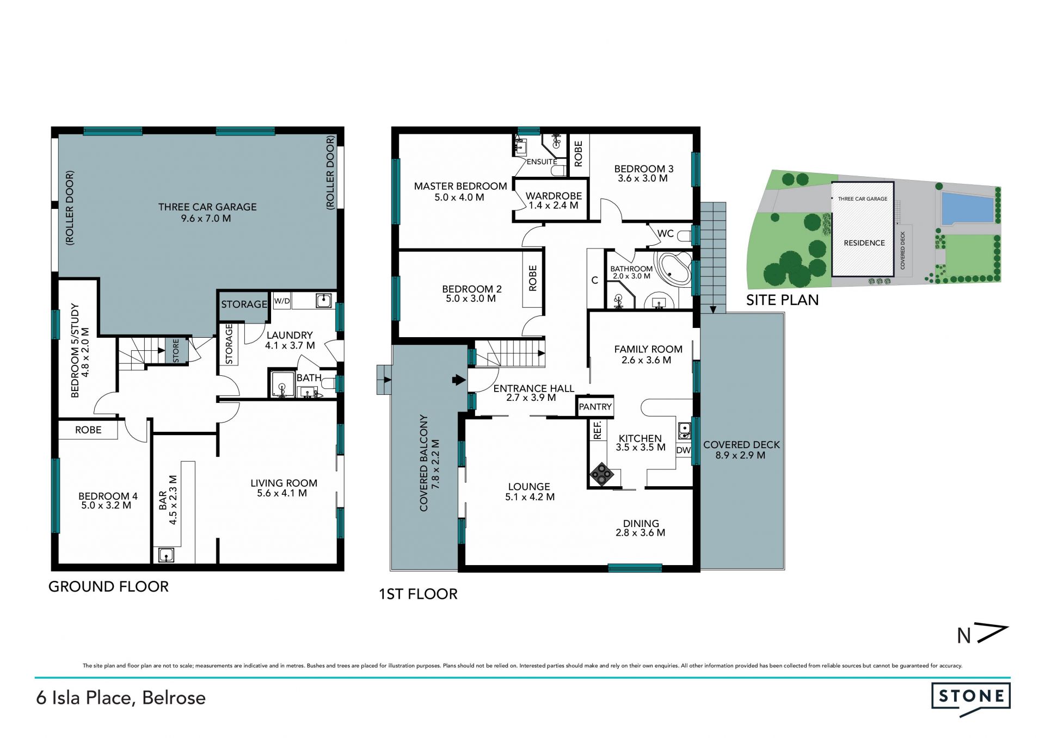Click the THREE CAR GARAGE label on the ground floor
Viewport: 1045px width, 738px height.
pos(207,207)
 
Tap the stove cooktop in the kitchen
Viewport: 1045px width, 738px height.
pos(602,474)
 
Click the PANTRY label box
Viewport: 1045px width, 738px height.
pos(595,407)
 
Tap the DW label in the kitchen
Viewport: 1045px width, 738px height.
pos(684,450)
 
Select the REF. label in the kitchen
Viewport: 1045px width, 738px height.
pos(598,430)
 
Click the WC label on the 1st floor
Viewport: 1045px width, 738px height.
pos(666,234)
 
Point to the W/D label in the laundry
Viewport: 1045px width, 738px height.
pos(282,301)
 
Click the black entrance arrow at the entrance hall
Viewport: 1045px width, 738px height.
pos(459,380)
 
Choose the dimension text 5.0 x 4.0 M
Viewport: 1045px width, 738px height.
pos(459,197)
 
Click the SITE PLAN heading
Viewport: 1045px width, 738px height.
pos(782,300)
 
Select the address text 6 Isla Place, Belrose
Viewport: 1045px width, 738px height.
pos(121,698)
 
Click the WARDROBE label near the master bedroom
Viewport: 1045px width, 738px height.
pos(554,196)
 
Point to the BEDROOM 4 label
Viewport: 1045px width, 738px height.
pos(108,496)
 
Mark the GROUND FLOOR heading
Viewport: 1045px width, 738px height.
pos(108,586)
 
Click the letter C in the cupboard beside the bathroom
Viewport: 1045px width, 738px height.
pos(595,280)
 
